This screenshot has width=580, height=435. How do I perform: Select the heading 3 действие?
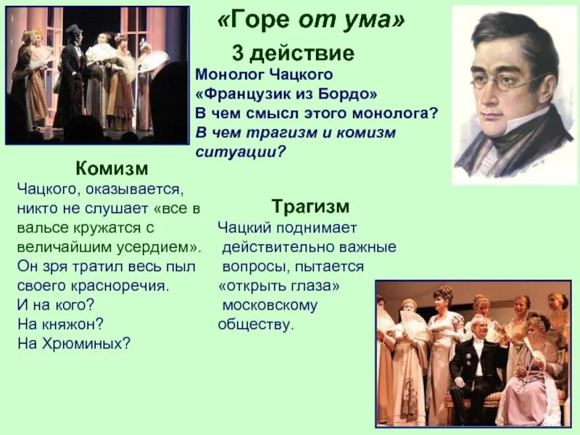pyautogui.click(x=293, y=53)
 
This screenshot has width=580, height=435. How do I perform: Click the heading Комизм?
pyautogui.click(x=112, y=169)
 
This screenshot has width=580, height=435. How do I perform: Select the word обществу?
pyautogui.click(x=257, y=324)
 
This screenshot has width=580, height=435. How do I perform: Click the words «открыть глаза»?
pyautogui.click(x=279, y=286)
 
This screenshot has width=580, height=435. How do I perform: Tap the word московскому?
pyautogui.click(x=270, y=305)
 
